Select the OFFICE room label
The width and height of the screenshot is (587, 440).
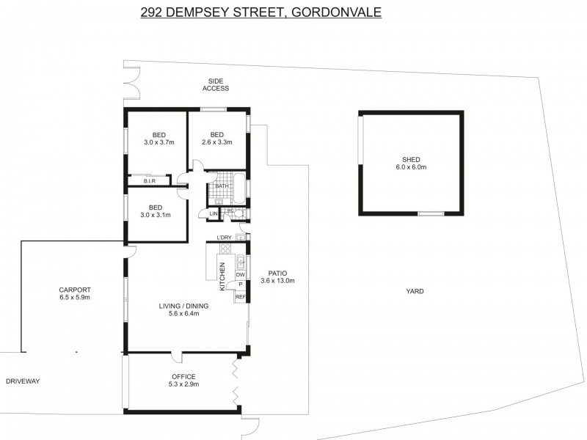point(183,376)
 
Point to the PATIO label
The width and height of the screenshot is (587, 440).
point(277,273)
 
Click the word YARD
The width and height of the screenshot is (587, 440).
point(415,291)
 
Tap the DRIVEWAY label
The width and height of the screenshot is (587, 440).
point(22,381)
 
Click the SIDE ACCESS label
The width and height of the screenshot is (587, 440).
point(215,84)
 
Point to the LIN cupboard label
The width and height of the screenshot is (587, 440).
point(214,213)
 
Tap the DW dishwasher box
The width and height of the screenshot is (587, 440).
point(240,274)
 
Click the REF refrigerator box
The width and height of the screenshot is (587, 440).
point(240,296)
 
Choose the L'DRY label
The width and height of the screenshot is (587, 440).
point(225,236)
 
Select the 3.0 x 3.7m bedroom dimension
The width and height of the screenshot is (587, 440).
point(158,142)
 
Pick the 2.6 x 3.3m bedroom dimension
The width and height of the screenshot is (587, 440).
point(216,142)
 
